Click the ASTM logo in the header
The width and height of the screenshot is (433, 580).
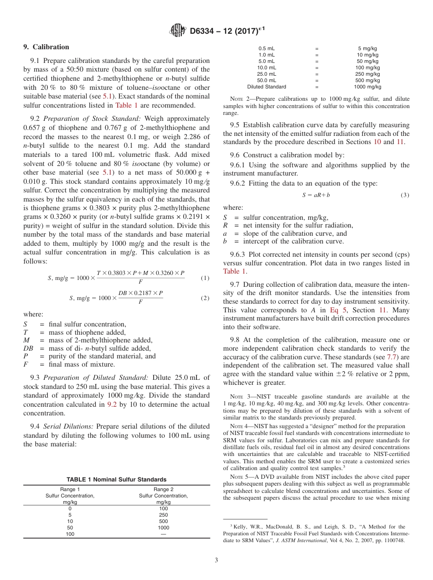click(178, 31)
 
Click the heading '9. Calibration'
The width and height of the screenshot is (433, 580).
click(46, 47)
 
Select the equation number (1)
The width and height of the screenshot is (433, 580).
click(205, 278)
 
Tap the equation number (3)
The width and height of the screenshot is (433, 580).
click(405, 195)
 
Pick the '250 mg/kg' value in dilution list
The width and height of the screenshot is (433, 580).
click(367, 74)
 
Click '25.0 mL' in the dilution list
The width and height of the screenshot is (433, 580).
click(267, 74)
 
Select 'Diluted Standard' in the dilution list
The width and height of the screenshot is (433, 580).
click(267, 87)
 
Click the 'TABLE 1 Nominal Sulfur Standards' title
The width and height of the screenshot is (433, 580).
click(116, 479)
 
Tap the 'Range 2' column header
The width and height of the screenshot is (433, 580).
click(163, 489)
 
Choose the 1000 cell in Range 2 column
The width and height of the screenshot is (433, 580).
click(163, 528)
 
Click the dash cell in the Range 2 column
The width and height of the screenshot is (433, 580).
click(163, 534)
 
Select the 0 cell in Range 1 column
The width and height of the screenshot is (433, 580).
click(70, 508)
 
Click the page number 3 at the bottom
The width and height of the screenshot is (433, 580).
click(216, 560)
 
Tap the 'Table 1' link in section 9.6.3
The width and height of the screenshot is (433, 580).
click(234, 271)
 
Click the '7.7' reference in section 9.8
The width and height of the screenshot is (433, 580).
click(392, 357)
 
